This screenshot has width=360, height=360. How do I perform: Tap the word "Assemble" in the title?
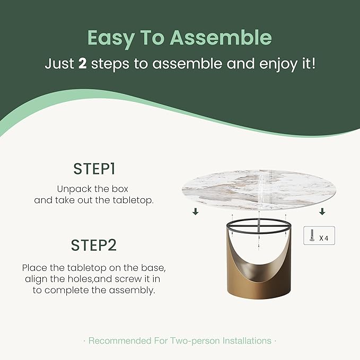[x=221, y=37]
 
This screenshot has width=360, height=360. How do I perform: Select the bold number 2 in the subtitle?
[x=82, y=64]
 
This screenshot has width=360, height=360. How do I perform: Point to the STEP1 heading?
[x=94, y=169]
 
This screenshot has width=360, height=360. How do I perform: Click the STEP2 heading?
[x=94, y=245]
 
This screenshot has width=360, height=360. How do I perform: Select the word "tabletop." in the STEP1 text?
[x=133, y=200]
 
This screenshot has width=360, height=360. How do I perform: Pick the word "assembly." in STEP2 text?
[x=132, y=291]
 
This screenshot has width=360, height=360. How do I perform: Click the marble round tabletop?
[x=259, y=190]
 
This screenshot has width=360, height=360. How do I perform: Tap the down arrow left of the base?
[x=196, y=212]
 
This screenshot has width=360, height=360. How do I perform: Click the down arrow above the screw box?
[x=322, y=212]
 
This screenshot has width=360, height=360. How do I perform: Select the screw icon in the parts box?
[x=312, y=235]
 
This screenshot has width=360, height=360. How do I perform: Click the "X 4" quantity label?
[x=323, y=238]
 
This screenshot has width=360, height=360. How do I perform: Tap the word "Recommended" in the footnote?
[x=120, y=341]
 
